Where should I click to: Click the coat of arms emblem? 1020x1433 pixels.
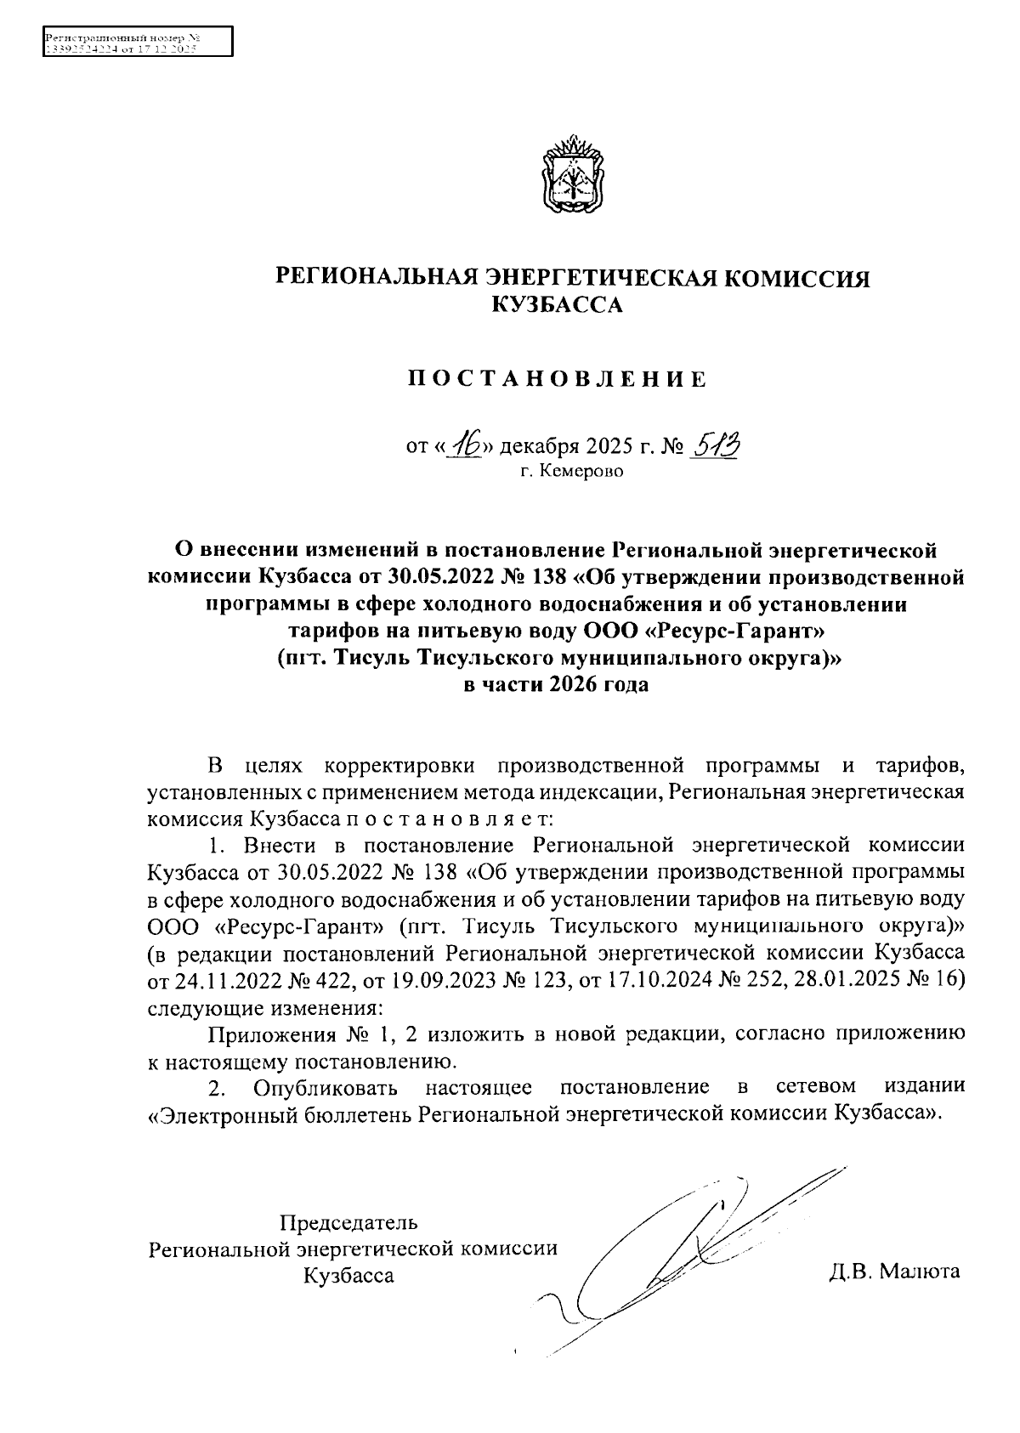pos(572,174)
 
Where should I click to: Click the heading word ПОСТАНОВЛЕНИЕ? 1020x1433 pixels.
pos(556,379)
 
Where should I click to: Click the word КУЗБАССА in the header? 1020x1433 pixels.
pos(558,304)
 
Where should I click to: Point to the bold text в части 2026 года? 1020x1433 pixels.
pos(556,685)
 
